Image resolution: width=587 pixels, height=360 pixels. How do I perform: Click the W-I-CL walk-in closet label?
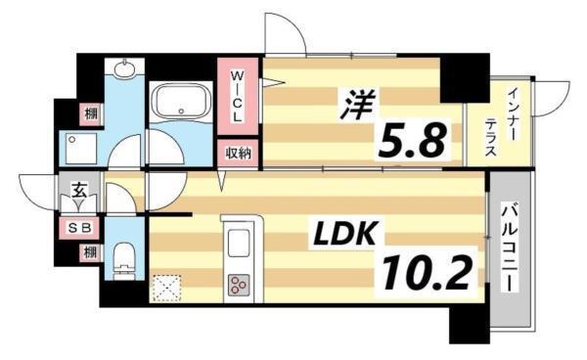pos(237,96)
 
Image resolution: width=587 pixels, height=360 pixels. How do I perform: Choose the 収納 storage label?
pos(238,153)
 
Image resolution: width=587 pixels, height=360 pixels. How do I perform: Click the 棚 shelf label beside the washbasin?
pos(89,113)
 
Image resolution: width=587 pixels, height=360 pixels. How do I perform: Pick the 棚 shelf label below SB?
pos(89,251)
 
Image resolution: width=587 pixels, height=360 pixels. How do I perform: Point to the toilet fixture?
pos(124,258)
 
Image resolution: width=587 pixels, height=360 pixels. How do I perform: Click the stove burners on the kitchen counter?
pos(239,286)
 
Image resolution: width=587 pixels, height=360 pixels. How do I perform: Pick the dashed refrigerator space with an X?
pos(165,287)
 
